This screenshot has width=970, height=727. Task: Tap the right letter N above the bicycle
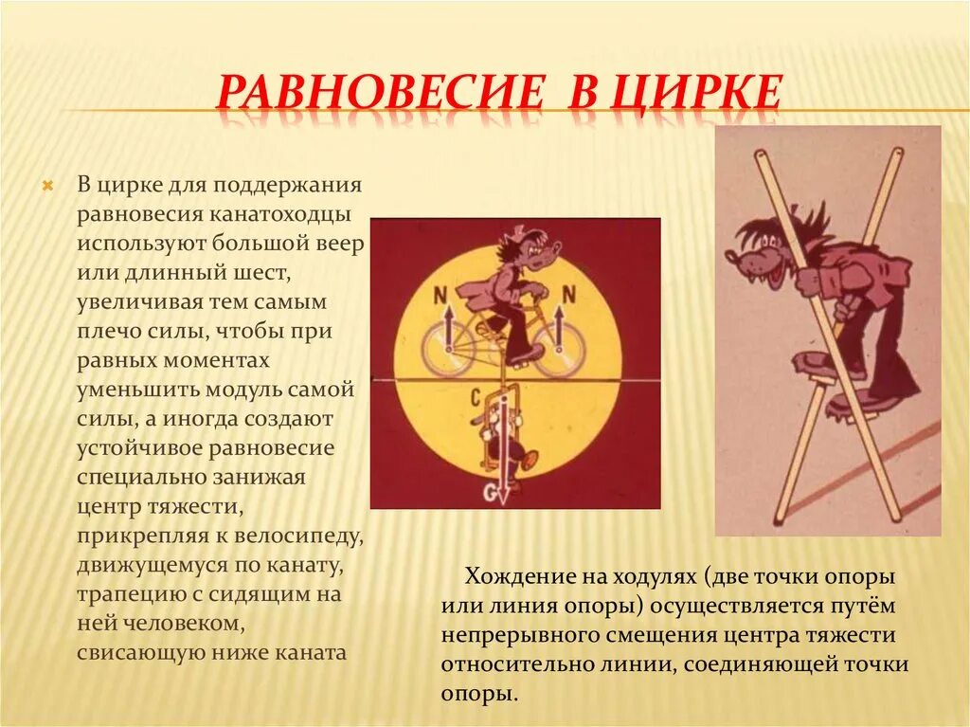(x=568, y=296)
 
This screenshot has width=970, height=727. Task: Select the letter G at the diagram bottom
(x=490, y=492)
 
